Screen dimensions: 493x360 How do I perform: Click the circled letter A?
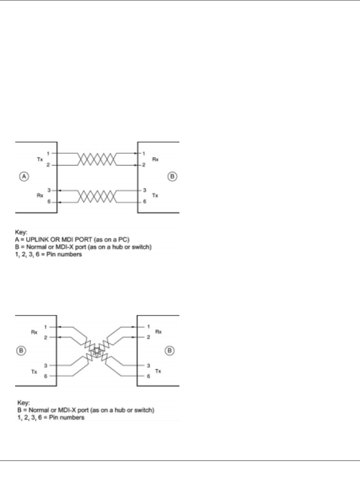(x=24, y=176)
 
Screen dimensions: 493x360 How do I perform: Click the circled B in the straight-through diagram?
(x=172, y=176)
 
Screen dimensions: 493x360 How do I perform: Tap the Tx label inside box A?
(x=40, y=159)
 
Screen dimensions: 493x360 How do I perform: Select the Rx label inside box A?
(x=40, y=195)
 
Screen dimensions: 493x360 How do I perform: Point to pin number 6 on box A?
(x=49, y=202)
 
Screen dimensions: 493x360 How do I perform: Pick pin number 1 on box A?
(x=48, y=153)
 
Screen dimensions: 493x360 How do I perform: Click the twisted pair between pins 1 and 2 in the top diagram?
(x=97, y=159)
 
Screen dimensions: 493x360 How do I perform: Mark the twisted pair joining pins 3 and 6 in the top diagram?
(x=97, y=196)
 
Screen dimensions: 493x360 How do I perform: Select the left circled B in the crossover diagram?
(x=21, y=351)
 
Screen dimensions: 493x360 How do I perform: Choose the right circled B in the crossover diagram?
(x=170, y=351)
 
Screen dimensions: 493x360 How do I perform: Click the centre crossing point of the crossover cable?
(x=97, y=352)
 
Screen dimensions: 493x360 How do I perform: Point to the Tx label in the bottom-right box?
(x=158, y=371)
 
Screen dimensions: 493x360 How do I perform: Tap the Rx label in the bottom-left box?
(x=34, y=332)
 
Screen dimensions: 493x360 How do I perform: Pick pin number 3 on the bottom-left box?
(x=46, y=366)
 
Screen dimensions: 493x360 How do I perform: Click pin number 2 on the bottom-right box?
(x=148, y=337)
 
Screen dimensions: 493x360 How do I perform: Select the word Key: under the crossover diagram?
(x=23, y=403)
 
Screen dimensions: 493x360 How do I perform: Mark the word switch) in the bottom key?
(x=144, y=410)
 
